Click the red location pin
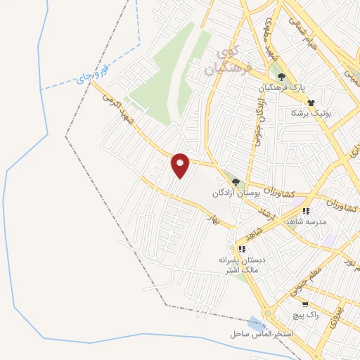click(181, 165)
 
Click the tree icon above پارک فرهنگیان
click(282, 77)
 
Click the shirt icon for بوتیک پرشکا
click(311, 102)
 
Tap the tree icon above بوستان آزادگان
click(236, 181)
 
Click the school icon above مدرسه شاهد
click(305, 210)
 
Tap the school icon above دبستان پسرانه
click(242, 249)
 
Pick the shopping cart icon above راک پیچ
click(305, 304)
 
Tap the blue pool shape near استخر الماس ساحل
click(257, 324)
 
